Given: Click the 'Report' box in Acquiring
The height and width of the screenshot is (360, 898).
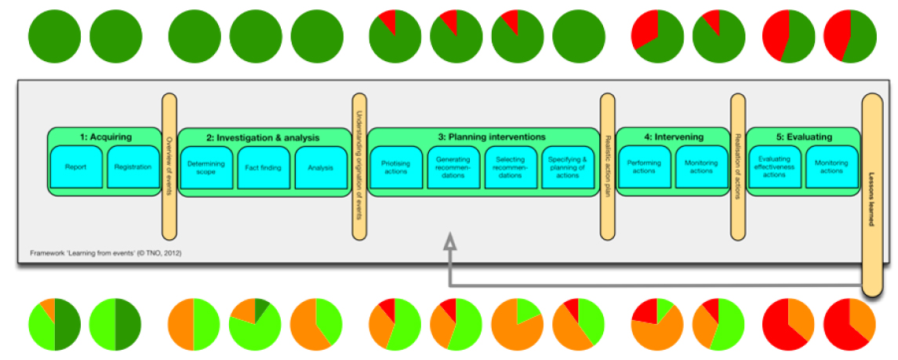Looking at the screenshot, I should (76, 166).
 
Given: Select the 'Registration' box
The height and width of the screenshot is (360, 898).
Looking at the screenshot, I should (133, 166).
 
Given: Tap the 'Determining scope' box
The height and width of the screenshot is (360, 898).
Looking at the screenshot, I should (207, 167).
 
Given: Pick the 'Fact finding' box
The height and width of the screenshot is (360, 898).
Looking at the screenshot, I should (264, 167).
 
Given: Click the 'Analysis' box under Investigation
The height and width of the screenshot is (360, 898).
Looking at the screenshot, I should (321, 167).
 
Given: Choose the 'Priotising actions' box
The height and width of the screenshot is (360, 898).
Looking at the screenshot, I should (396, 167).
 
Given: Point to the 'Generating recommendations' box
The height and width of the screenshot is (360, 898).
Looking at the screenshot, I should (453, 167).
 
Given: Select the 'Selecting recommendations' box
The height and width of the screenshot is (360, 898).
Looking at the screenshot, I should (511, 167).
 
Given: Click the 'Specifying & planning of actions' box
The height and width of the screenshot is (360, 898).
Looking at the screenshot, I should (568, 167).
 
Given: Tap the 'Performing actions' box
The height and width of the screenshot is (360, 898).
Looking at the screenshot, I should (644, 167).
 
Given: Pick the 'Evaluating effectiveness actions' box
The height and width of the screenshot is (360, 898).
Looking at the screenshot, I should (774, 167).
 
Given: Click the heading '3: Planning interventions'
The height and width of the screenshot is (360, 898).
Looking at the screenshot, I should (492, 137).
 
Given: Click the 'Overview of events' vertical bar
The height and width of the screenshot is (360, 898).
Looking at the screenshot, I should (169, 166).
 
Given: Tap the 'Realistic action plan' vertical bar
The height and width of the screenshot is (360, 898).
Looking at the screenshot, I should (608, 166).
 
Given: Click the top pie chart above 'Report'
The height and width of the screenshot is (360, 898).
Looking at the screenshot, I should (55, 37).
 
